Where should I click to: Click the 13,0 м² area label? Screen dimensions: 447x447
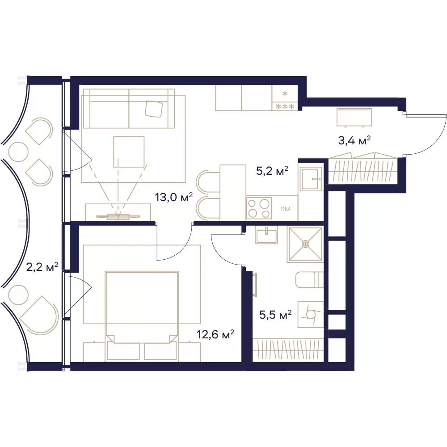pyautogui.click(x=174, y=197)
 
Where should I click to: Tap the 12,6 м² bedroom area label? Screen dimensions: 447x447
pyautogui.click(x=215, y=334)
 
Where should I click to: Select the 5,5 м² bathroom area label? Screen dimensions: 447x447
pyautogui.click(x=275, y=315)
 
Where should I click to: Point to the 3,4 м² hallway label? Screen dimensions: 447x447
pyautogui.click(x=354, y=140)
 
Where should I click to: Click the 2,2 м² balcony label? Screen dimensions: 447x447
pyautogui.click(x=42, y=267)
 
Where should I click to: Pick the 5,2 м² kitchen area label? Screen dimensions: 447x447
pyautogui.click(x=272, y=171)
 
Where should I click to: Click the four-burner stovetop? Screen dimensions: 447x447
pyautogui.click(x=259, y=208)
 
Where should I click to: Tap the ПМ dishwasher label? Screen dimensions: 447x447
pyautogui.click(x=285, y=209)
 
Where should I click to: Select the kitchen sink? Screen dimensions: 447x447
pyautogui.click(x=311, y=179)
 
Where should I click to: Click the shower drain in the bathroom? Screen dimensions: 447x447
pyautogui.click(x=305, y=244)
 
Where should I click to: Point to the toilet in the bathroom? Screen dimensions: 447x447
pyautogui.click(x=310, y=280)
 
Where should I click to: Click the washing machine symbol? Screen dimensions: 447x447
pyautogui.click(x=311, y=314)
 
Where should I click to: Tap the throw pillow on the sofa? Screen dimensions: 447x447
pyautogui.click(x=154, y=109)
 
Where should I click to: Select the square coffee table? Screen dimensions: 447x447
pyautogui.click(x=129, y=152)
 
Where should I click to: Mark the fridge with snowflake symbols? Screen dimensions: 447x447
pyautogui.click(x=285, y=98)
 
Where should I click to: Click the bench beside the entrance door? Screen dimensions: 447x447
pyautogui.click(x=354, y=117)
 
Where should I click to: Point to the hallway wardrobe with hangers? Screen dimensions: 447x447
pyautogui.click(x=363, y=170)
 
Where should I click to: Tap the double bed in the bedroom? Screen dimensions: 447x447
pyautogui.click(x=142, y=316)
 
